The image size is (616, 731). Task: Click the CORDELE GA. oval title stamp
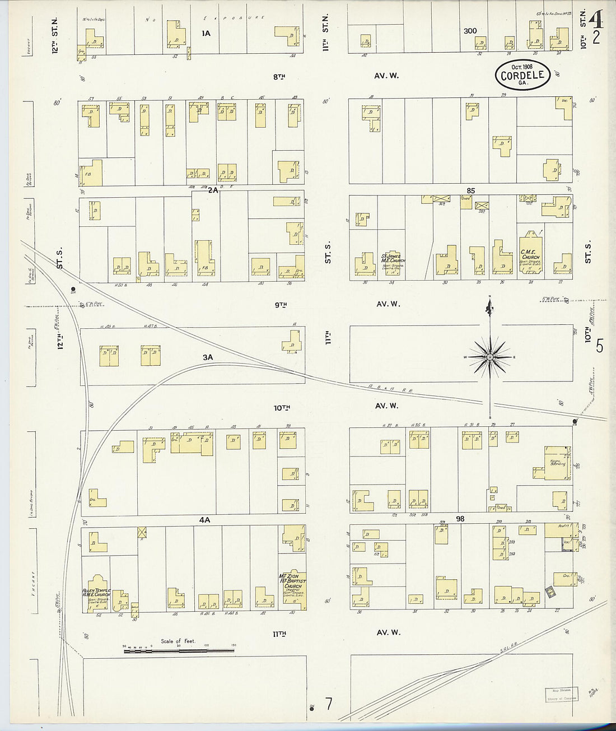pyautogui.click(x=522, y=74)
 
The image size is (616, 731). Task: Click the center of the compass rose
pyautogui.click(x=490, y=357)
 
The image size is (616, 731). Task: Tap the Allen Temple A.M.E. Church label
pyautogui.click(x=96, y=595)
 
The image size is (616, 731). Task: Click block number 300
pyautogui.click(x=470, y=31)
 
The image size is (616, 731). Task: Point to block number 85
pyautogui.click(x=470, y=190)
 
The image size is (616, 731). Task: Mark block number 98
pyautogui.click(x=460, y=519)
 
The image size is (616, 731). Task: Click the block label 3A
pyautogui.click(x=208, y=357)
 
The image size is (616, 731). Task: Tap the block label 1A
pyautogui.click(x=206, y=33)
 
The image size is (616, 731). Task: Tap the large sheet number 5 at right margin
pyautogui.click(x=599, y=347)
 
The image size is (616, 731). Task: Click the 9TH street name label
pyautogui.click(x=281, y=304)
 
